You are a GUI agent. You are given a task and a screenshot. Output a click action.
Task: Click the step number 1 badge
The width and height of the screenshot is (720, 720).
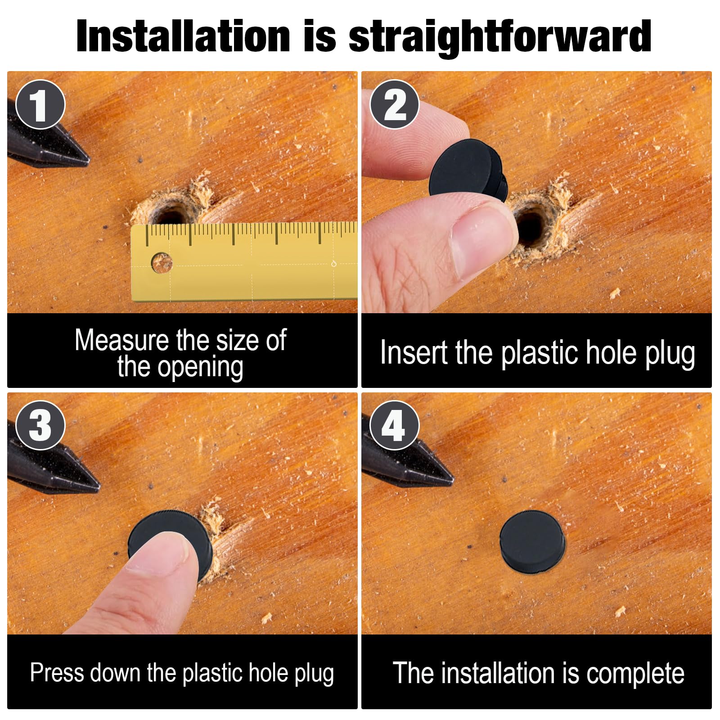click(40, 105)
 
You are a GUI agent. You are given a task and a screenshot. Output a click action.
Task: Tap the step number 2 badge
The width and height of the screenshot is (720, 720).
click(395, 105)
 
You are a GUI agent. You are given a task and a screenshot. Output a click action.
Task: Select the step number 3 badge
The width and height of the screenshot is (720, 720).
click(40, 426)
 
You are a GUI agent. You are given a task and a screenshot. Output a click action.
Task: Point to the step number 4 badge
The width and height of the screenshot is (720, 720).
click(395, 426)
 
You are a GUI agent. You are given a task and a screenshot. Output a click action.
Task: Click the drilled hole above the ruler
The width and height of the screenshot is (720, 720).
click(170, 214)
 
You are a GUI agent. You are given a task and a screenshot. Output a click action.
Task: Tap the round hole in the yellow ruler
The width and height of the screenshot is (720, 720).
click(162, 263)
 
